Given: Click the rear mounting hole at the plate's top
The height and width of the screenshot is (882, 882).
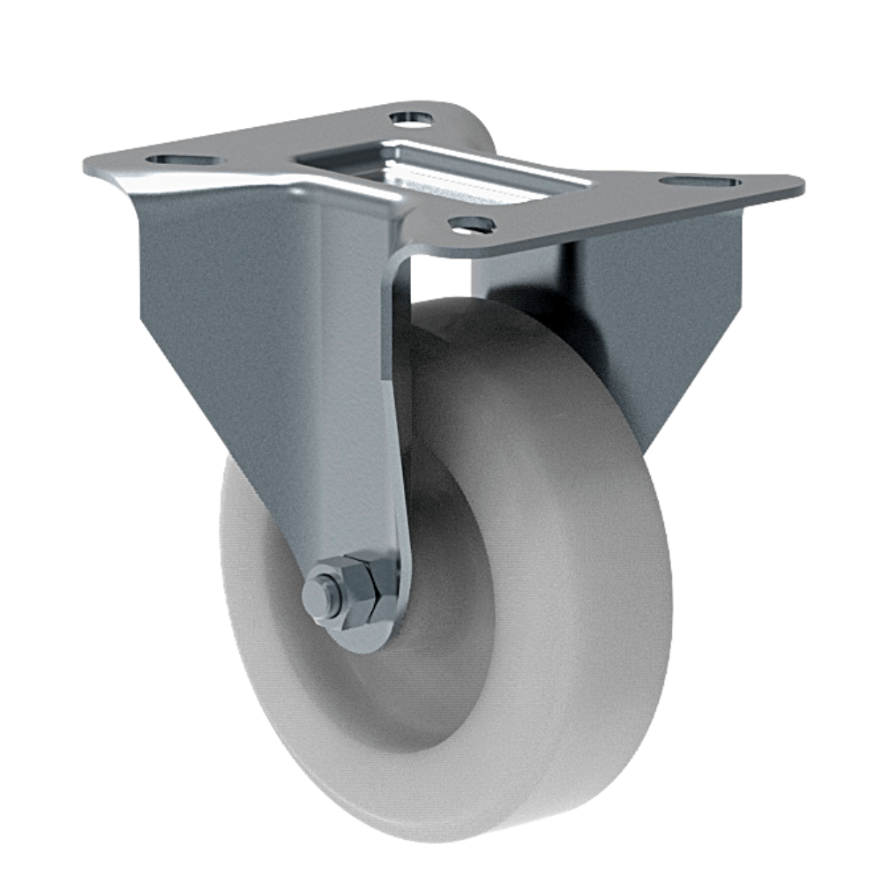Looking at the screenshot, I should (410, 116).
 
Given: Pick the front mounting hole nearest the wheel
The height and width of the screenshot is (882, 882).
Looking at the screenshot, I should (472, 225).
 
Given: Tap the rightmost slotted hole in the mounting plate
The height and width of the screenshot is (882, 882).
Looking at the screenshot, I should (699, 182).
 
